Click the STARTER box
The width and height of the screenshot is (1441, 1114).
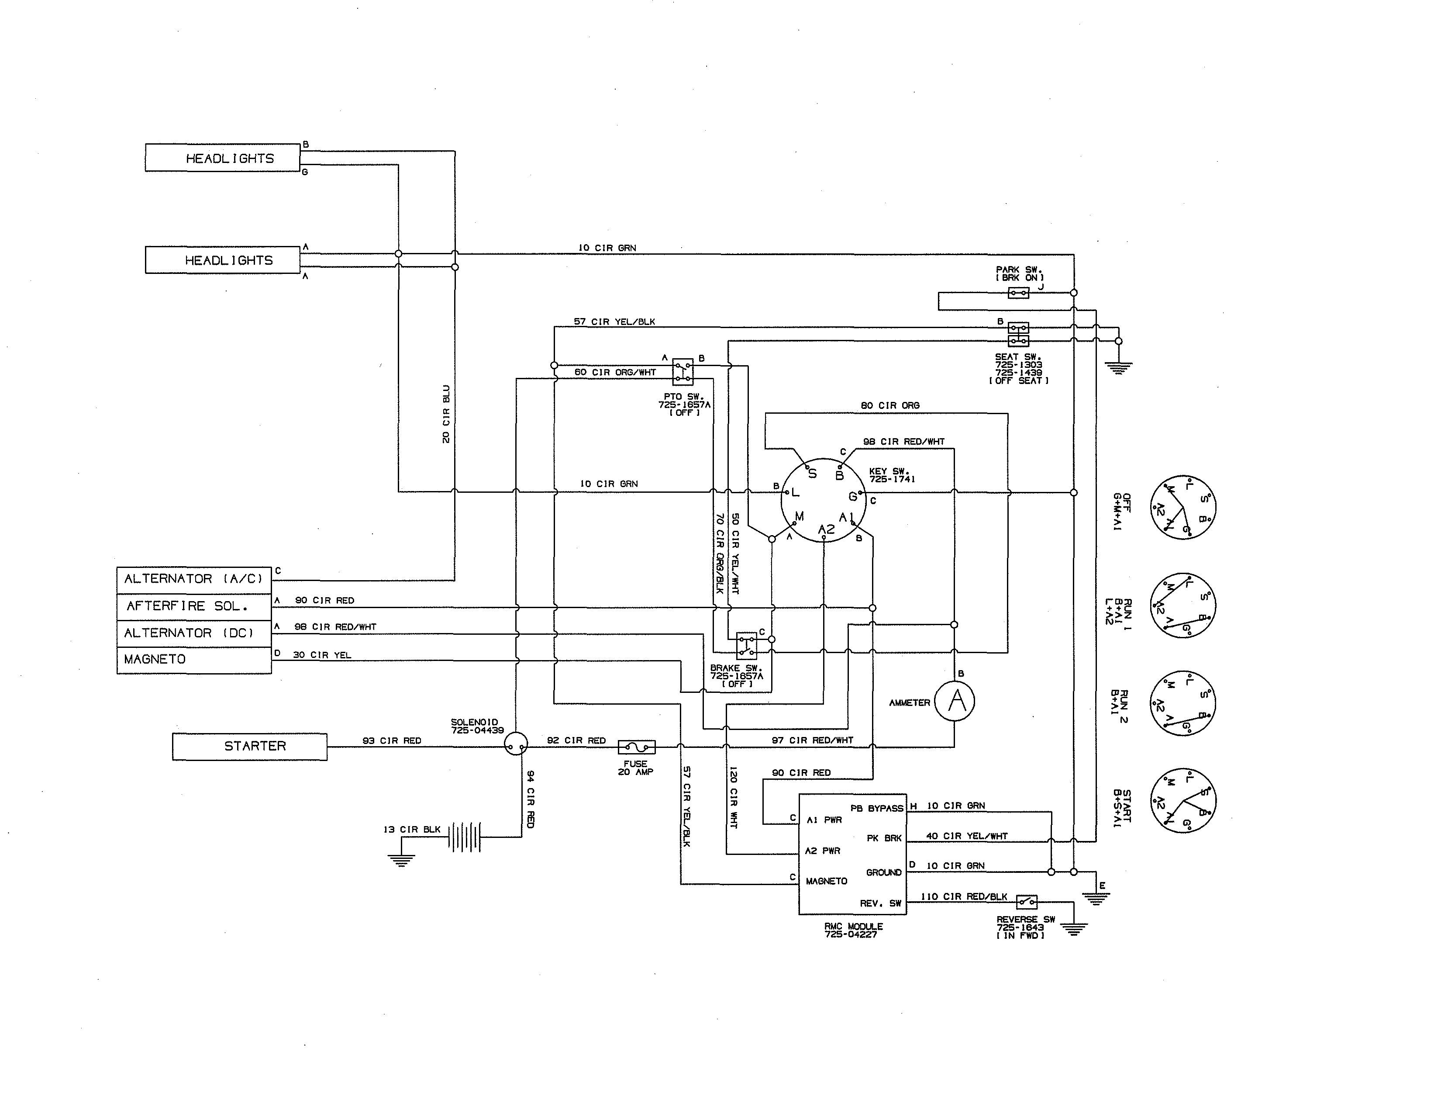tap(249, 747)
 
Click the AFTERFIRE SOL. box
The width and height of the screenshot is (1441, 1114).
tap(194, 606)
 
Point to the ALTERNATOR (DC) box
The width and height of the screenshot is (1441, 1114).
tap(194, 633)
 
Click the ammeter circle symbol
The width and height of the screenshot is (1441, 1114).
tap(954, 701)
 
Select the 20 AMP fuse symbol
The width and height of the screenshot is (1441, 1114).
tap(636, 747)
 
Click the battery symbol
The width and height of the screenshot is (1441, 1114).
tap(465, 837)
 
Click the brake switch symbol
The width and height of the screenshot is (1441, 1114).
tap(746, 645)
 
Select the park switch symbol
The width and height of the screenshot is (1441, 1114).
tap(1018, 292)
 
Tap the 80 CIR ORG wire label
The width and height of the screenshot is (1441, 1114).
tap(889, 405)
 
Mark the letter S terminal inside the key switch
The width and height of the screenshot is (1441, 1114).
tap(812, 473)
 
